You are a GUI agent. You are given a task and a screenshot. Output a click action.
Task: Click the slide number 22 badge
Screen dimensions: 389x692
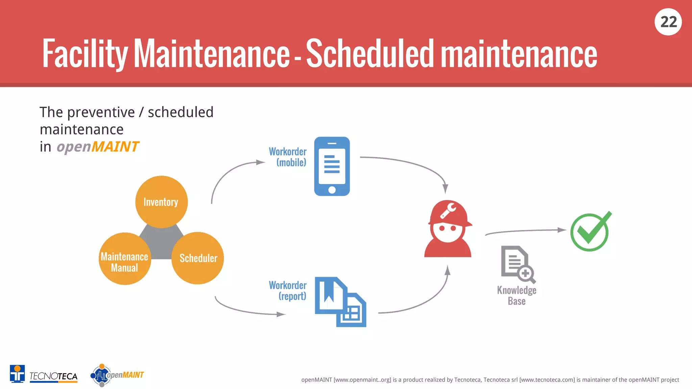pyautogui.click(x=668, y=22)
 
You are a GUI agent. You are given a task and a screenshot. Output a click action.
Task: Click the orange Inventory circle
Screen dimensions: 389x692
pyautogui.click(x=161, y=202)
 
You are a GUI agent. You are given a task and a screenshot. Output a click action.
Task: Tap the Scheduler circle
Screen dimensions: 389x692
pyautogui.click(x=198, y=258)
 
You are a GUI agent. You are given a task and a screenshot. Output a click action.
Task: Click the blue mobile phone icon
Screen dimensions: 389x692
pyautogui.click(x=332, y=166)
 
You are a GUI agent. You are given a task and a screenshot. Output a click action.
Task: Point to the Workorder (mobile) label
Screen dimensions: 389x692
pyautogui.click(x=288, y=157)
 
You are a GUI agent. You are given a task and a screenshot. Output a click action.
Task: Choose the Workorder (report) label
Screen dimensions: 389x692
pyautogui.click(x=288, y=290)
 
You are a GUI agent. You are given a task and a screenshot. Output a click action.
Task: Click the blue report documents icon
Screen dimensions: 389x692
pyautogui.click(x=340, y=302)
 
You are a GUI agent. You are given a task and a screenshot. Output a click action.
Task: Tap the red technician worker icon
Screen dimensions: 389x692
pyautogui.click(x=448, y=230)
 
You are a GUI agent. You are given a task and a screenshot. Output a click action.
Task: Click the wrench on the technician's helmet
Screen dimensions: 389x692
pyautogui.click(x=448, y=211)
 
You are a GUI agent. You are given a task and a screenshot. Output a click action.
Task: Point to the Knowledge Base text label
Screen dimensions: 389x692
pyautogui.click(x=517, y=295)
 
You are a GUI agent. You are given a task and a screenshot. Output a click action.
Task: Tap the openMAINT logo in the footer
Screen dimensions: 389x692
pyautogui.click(x=117, y=375)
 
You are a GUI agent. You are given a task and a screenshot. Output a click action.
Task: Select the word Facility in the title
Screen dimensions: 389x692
pyautogui.click(x=85, y=53)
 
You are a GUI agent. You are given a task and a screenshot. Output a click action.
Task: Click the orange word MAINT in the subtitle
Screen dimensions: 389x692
pyautogui.click(x=115, y=147)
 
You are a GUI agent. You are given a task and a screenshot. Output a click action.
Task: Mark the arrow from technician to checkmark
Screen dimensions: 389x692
pyautogui.click(x=525, y=231)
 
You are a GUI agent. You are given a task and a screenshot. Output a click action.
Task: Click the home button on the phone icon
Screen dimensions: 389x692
pyautogui.click(x=332, y=190)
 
